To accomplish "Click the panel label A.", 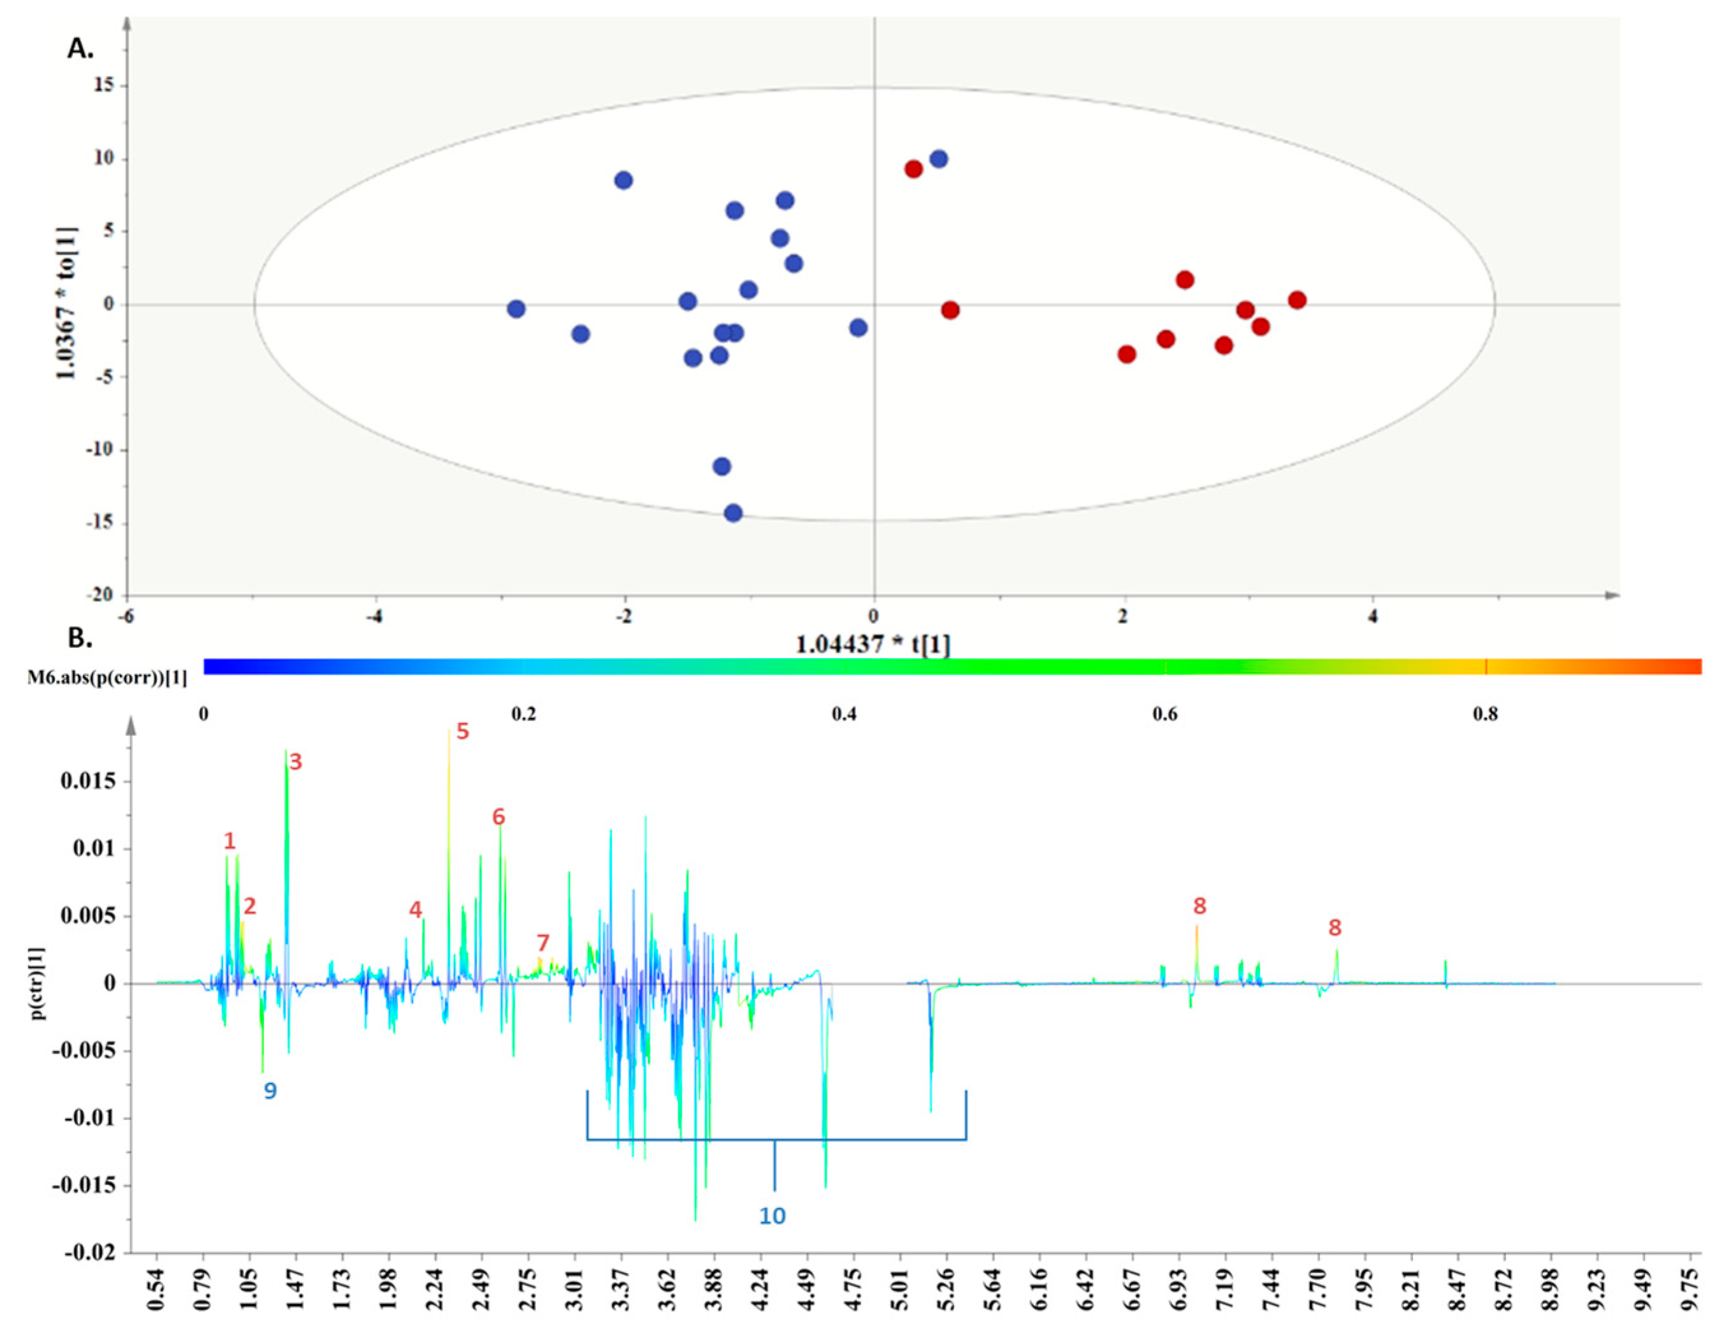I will click(80, 49).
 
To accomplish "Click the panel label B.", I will click(80, 638).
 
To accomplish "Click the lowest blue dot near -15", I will click(734, 513).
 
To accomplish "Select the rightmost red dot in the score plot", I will click(1297, 300).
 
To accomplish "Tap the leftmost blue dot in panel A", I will click(516, 309).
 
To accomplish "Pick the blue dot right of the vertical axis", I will click(939, 159).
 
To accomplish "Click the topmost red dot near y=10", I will click(913, 169).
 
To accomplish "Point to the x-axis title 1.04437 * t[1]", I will click(873, 645).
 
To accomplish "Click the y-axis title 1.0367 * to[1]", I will click(66, 303).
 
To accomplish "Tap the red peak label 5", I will click(462, 731).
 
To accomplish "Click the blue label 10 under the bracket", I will click(772, 1216).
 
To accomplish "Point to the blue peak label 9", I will click(270, 1091).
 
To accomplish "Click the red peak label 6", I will click(498, 817).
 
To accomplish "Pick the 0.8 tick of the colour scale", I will click(1485, 714).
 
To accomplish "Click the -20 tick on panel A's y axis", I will click(99, 595).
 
